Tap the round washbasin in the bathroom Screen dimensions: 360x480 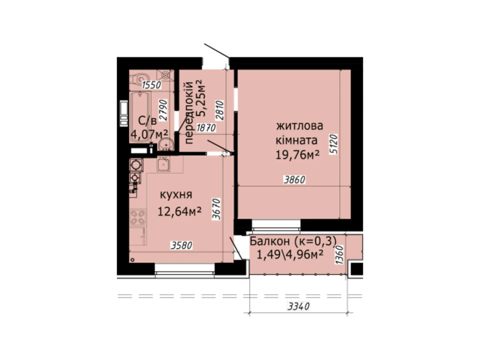tap(166, 144)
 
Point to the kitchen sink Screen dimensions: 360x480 tap(163, 164)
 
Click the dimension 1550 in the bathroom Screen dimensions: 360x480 tap(151, 85)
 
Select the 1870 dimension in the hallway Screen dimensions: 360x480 tap(206, 128)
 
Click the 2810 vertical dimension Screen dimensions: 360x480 tap(220, 110)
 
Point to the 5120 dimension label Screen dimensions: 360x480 tap(334, 144)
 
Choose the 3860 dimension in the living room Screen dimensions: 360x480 tap(295, 180)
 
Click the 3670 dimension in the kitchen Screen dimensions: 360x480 tap(216, 209)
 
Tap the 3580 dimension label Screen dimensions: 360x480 tap(181, 246)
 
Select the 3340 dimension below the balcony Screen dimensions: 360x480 tap(298, 307)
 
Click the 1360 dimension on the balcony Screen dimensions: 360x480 tap(339, 255)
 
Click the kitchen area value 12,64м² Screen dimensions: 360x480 tap(179, 212)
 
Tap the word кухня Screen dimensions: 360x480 tap(176, 195)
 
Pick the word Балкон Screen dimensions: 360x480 tap(270, 241)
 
